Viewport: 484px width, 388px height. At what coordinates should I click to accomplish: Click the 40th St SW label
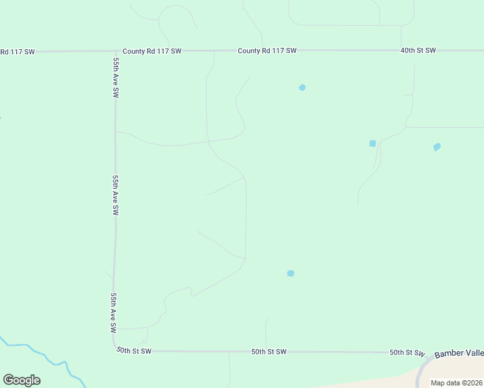pyautogui.click(x=418, y=50)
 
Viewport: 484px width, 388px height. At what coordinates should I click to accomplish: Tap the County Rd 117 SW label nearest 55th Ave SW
pyautogui.click(x=152, y=50)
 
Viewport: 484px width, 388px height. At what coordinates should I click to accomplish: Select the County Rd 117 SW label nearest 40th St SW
pyautogui.click(x=267, y=50)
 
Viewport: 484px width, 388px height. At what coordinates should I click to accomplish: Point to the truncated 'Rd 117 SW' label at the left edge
pyautogui.click(x=17, y=51)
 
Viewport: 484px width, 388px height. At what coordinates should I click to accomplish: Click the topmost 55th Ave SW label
pyautogui.click(x=116, y=78)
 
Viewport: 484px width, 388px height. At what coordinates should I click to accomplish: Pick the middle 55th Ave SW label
pyautogui.click(x=115, y=195)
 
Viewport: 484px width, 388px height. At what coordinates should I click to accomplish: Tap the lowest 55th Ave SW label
pyautogui.click(x=113, y=312)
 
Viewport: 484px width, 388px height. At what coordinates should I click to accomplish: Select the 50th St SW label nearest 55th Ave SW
pyautogui.click(x=134, y=351)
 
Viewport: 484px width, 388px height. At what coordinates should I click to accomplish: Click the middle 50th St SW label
pyautogui.click(x=269, y=352)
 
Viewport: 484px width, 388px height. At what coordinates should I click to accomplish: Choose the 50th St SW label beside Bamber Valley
pyautogui.click(x=407, y=352)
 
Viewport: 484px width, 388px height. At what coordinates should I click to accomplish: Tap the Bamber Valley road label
pyautogui.click(x=459, y=354)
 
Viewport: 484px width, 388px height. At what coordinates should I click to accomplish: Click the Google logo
pyautogui.click(x=21, y=380)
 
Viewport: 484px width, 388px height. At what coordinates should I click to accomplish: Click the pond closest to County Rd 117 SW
pyautogui.click(x=302, y=87)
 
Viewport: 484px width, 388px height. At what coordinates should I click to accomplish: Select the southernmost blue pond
pyautogui.click(x=291, y=274)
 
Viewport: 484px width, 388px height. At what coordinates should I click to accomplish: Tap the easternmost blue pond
pyautogui.click(x=437, y=147)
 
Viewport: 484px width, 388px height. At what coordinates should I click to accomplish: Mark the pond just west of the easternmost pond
pyautogui.click(x=373, y=144)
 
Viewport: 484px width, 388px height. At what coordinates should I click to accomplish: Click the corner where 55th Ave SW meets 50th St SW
pyautogui.click(x=114, y=348)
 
